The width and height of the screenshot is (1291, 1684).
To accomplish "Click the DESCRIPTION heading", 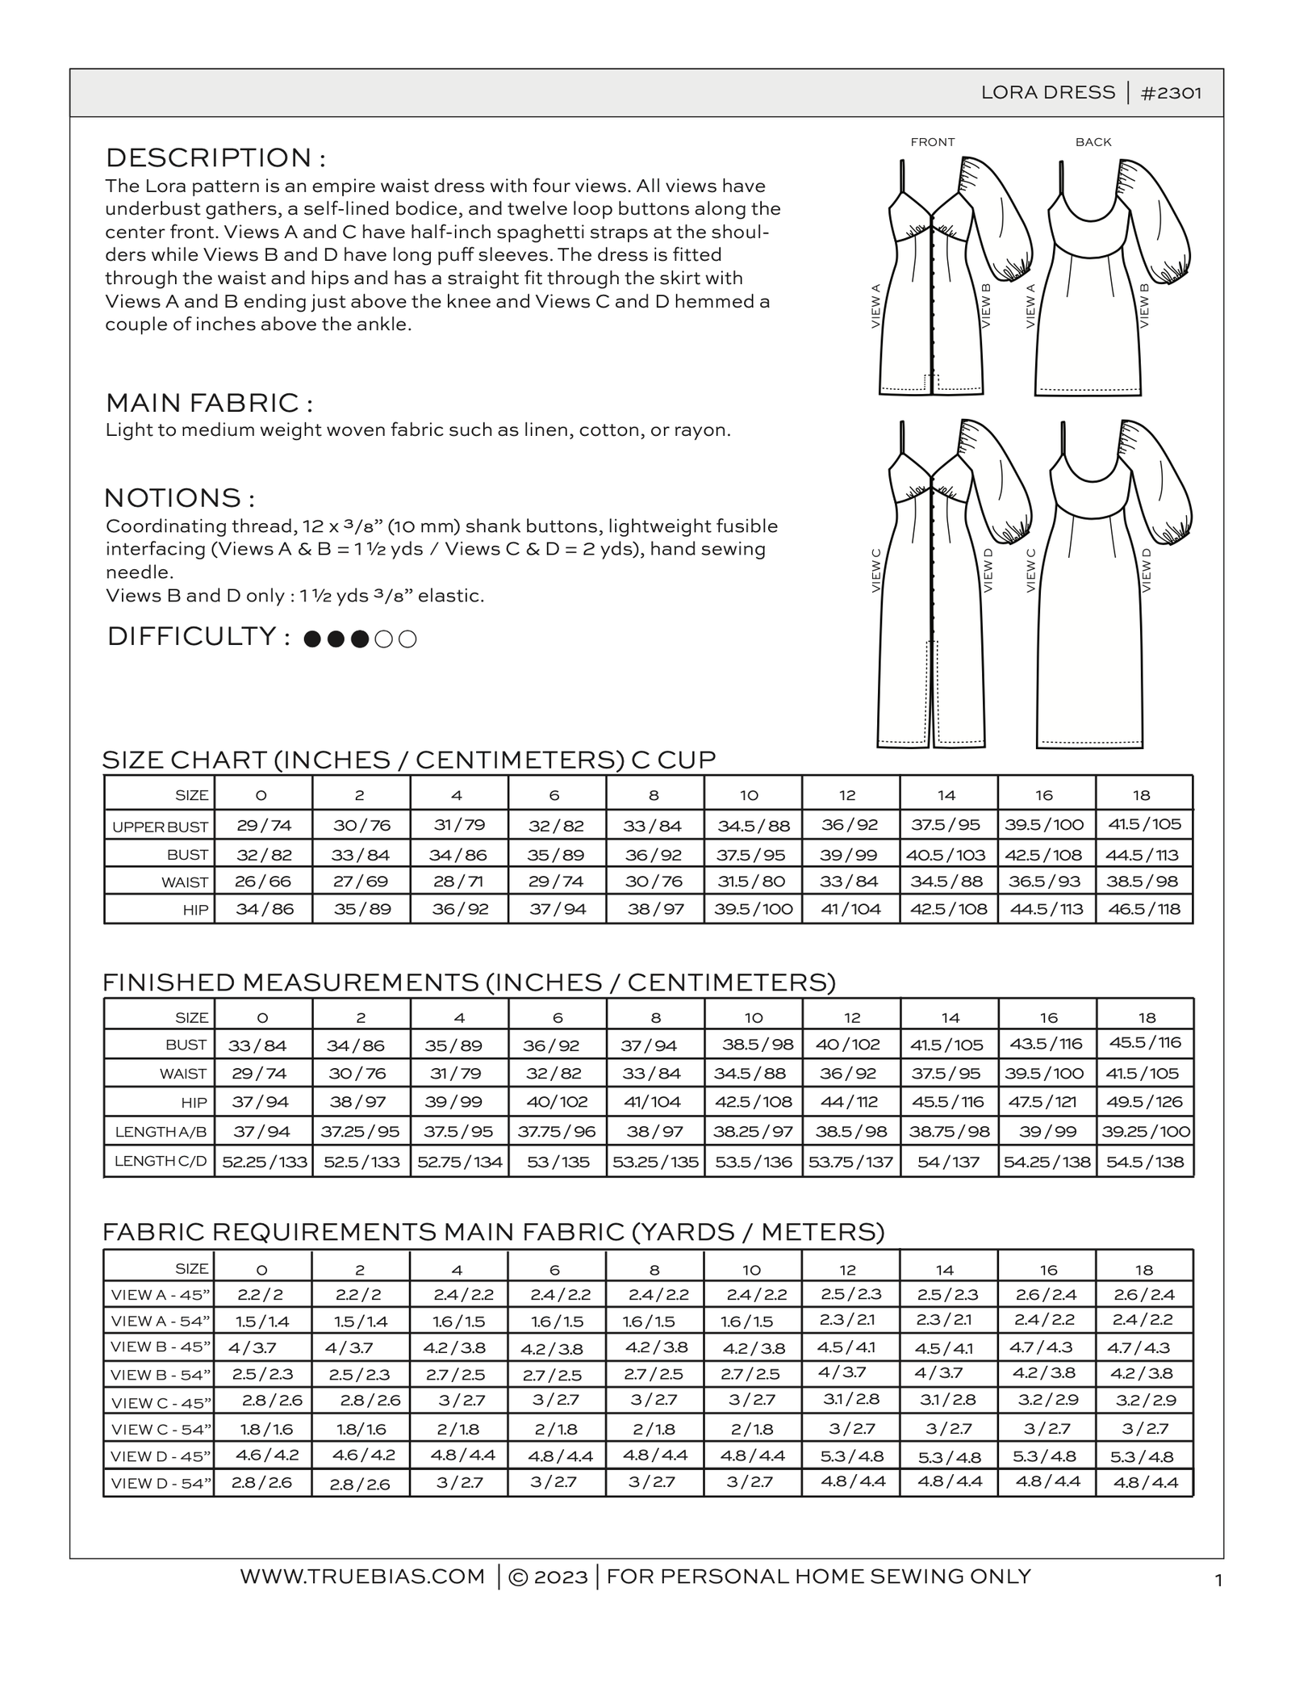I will coord(215,157).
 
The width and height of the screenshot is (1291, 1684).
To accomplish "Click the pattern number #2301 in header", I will coord(1171,93).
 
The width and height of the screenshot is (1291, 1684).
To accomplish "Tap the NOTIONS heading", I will coord(180,496).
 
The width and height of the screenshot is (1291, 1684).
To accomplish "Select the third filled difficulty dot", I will coord(361,639).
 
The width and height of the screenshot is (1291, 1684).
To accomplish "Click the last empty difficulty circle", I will coord(408,639).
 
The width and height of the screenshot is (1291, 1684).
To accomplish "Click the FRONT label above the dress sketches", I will coord(932,142).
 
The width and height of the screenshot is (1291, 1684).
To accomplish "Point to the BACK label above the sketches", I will coord(1093,142).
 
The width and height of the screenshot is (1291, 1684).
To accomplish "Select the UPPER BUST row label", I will coord(160,827).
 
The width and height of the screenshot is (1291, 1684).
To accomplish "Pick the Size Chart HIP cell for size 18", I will coord(1143,909).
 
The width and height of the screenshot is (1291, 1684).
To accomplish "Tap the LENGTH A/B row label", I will coord(161,1132).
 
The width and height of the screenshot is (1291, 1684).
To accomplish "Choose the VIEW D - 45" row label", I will coord(161,1456).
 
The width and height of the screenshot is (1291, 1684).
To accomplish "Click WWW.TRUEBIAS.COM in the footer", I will coord(362,1576).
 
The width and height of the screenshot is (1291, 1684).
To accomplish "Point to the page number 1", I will coord(1218,1581).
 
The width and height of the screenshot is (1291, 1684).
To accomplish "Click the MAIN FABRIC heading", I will coord(209,402).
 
